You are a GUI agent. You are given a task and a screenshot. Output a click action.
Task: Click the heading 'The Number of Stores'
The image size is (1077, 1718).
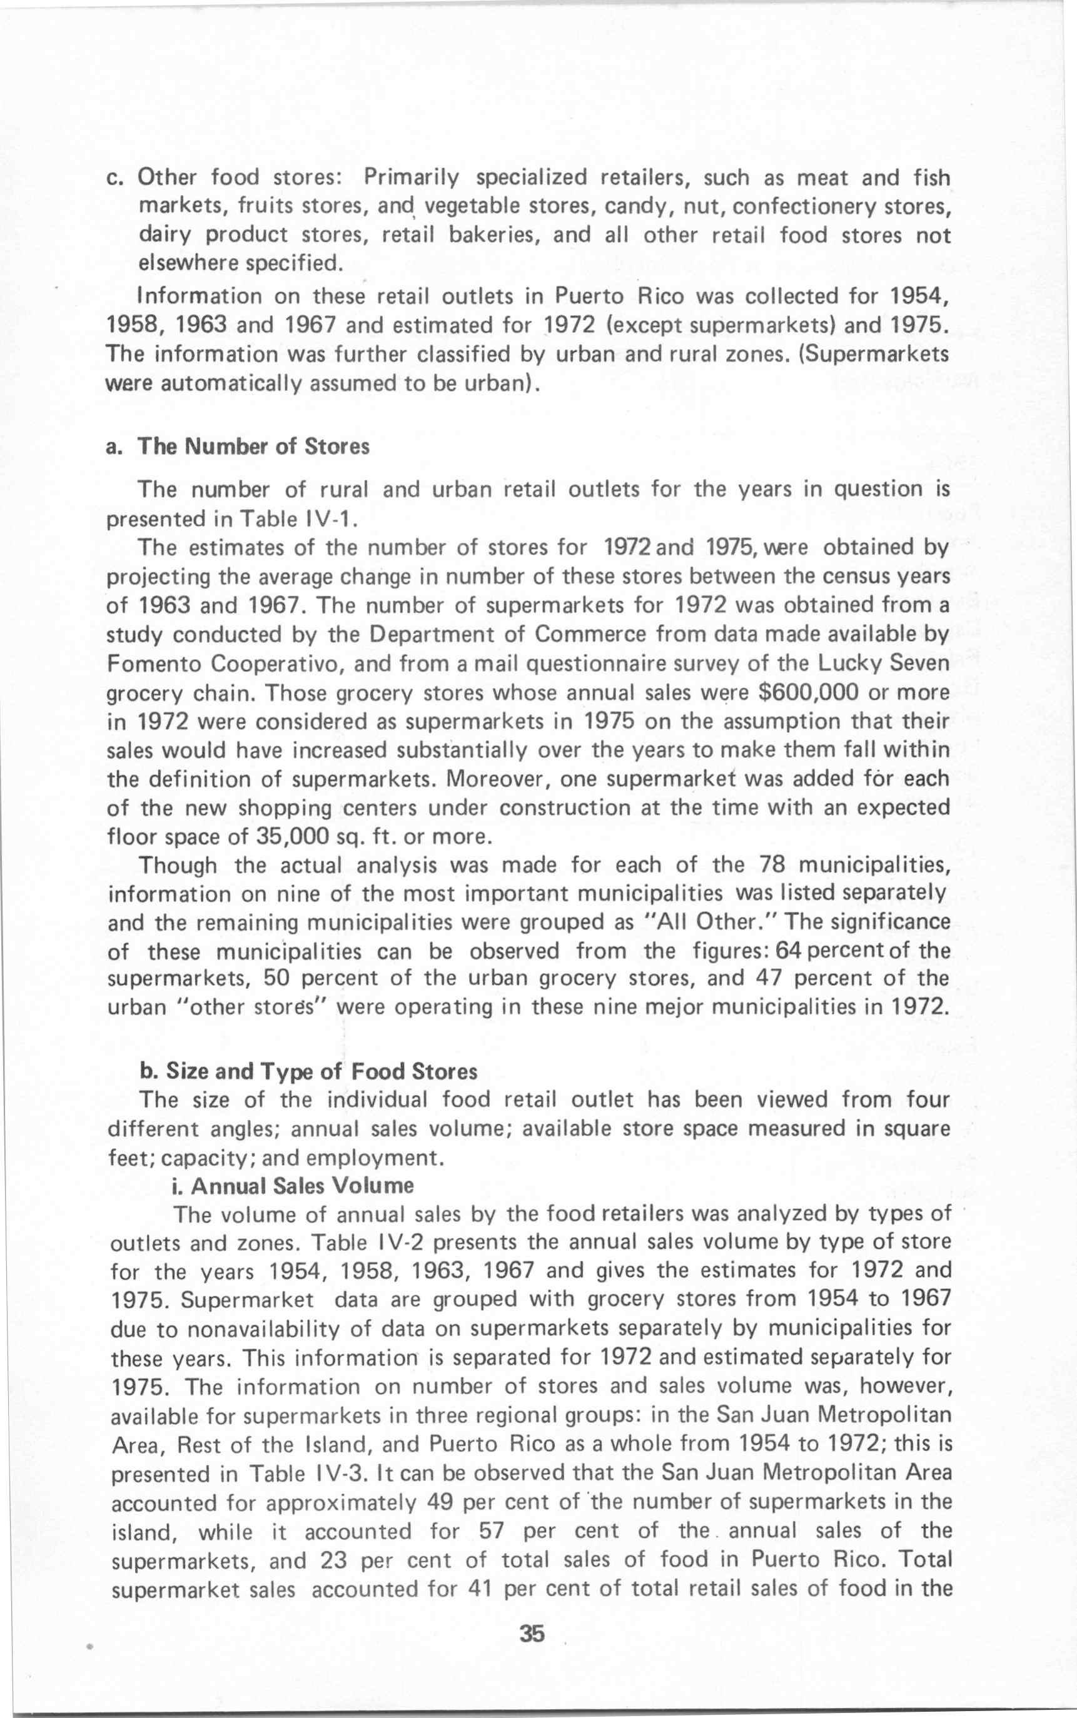253,447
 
